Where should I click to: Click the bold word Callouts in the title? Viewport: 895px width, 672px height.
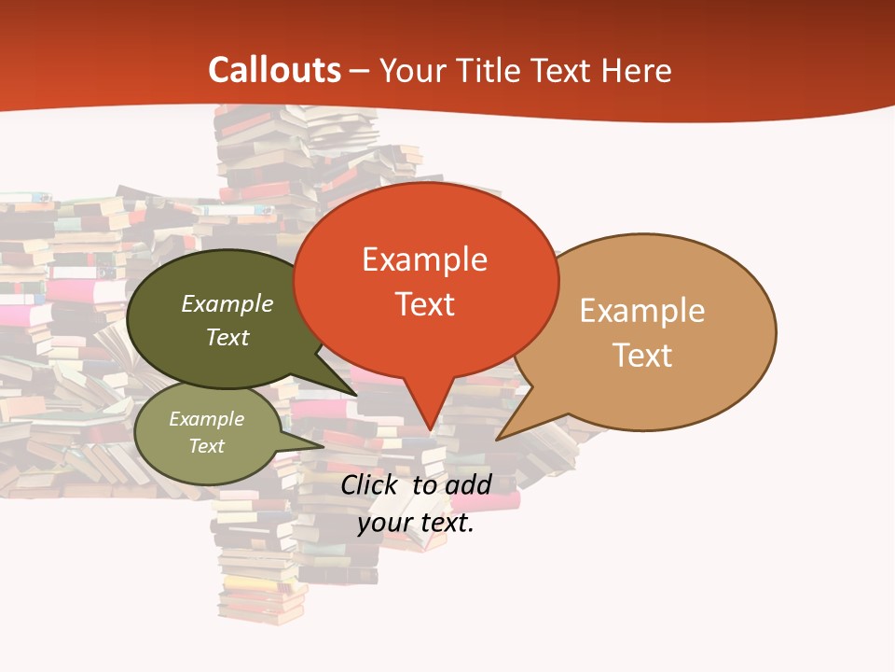point(274,70)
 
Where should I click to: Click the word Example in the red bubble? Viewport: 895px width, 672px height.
point(424,259)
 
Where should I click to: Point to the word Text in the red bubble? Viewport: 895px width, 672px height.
point(424,304)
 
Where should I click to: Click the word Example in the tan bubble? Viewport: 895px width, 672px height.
point(642,311)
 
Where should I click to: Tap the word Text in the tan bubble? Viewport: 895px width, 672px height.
point(642,356)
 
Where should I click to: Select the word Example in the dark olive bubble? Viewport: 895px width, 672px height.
point(227,304)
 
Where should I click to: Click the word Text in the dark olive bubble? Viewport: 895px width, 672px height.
point(227,337)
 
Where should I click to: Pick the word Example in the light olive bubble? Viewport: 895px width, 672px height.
point(207,419)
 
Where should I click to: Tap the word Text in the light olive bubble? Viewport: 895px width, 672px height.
point(207,446)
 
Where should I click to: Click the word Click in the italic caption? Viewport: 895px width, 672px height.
point(369,485)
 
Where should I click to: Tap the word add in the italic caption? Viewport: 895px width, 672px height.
point(468,485)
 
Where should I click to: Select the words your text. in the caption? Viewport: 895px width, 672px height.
point(416,523)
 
